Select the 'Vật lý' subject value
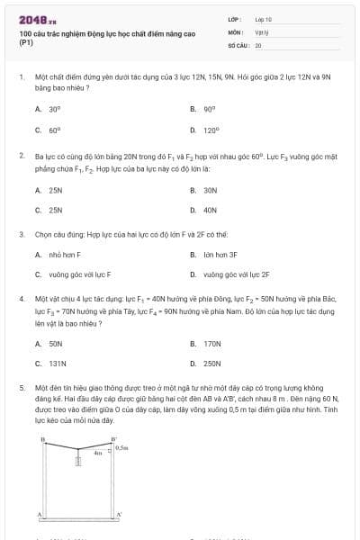[261, 31]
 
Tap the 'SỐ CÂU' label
[238, 44]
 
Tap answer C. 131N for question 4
[57, 364]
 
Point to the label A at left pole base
[39, 513]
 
